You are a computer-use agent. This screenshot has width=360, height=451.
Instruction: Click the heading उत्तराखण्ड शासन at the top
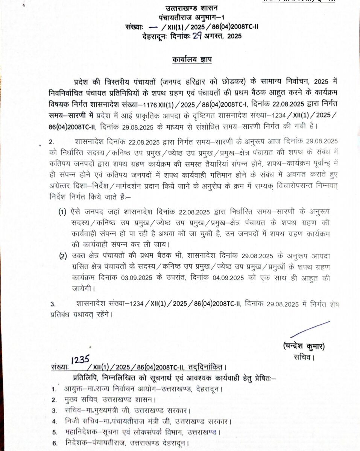182,9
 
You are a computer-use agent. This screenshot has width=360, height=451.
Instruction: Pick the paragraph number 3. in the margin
53,303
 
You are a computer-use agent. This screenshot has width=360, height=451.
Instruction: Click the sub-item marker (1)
62,213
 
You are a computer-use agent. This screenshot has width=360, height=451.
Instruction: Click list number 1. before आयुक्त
55,389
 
